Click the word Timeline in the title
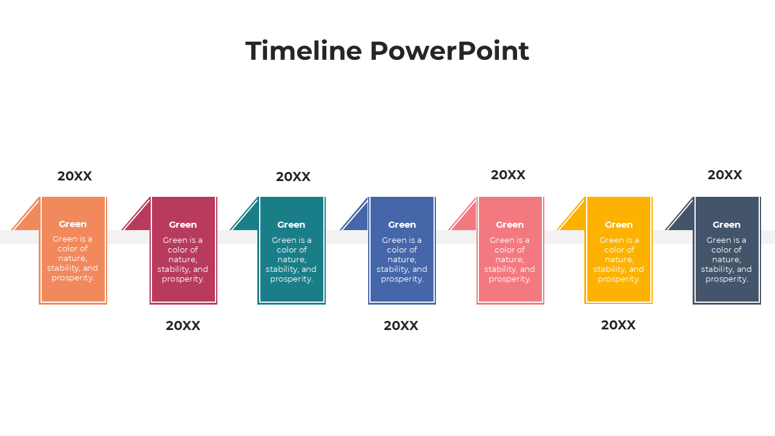coord(303,51)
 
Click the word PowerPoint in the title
coord(449,51)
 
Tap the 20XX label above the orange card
coord(74,176)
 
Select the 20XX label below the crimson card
coord(183,326)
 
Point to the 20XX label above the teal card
coord(293,177)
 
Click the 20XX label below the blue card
coord(401,326)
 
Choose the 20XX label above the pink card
coord(508,175)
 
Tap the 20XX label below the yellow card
coord(618,325)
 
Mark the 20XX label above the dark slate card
coord(725,175)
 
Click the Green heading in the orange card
coord(73,224)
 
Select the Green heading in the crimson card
coord(183,225)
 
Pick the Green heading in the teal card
coord(291,225)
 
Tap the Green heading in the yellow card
coord(619,225)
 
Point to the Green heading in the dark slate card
coord(727,225)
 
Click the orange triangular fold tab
coord(30,219)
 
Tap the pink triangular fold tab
coord(467,219)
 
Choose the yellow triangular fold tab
coord(575,219)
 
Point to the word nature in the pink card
coord(509,260)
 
